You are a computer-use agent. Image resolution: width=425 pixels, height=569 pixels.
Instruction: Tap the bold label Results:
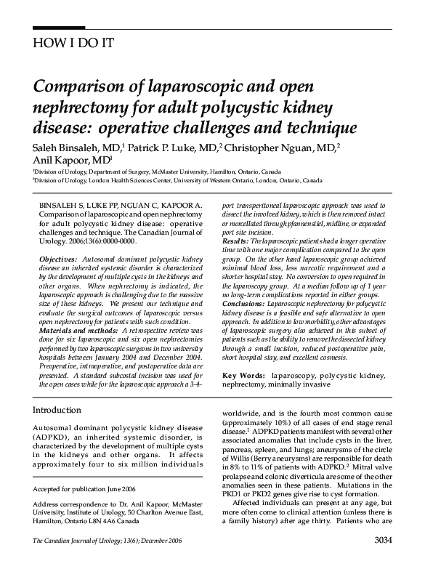(x=237, y=240)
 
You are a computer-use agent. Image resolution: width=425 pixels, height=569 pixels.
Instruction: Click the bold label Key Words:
(x=243, y=375)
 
